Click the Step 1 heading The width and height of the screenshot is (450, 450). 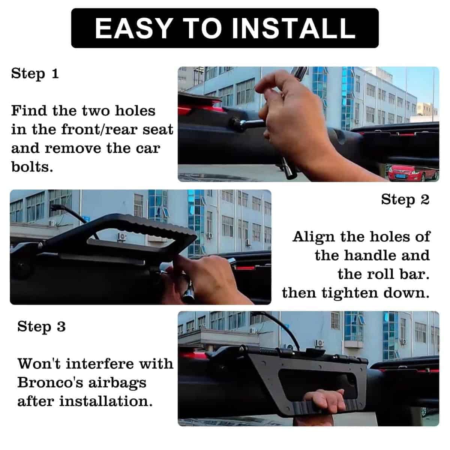[x=35, y=73]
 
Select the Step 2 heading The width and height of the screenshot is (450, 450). [x=405, y=199]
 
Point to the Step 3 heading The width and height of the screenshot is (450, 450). [x=41, y=327]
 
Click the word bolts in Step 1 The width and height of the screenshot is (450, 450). [x=32, y=167]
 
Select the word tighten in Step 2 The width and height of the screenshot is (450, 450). [x=349, y=293]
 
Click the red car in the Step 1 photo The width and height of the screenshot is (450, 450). [x=412, y=172]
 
